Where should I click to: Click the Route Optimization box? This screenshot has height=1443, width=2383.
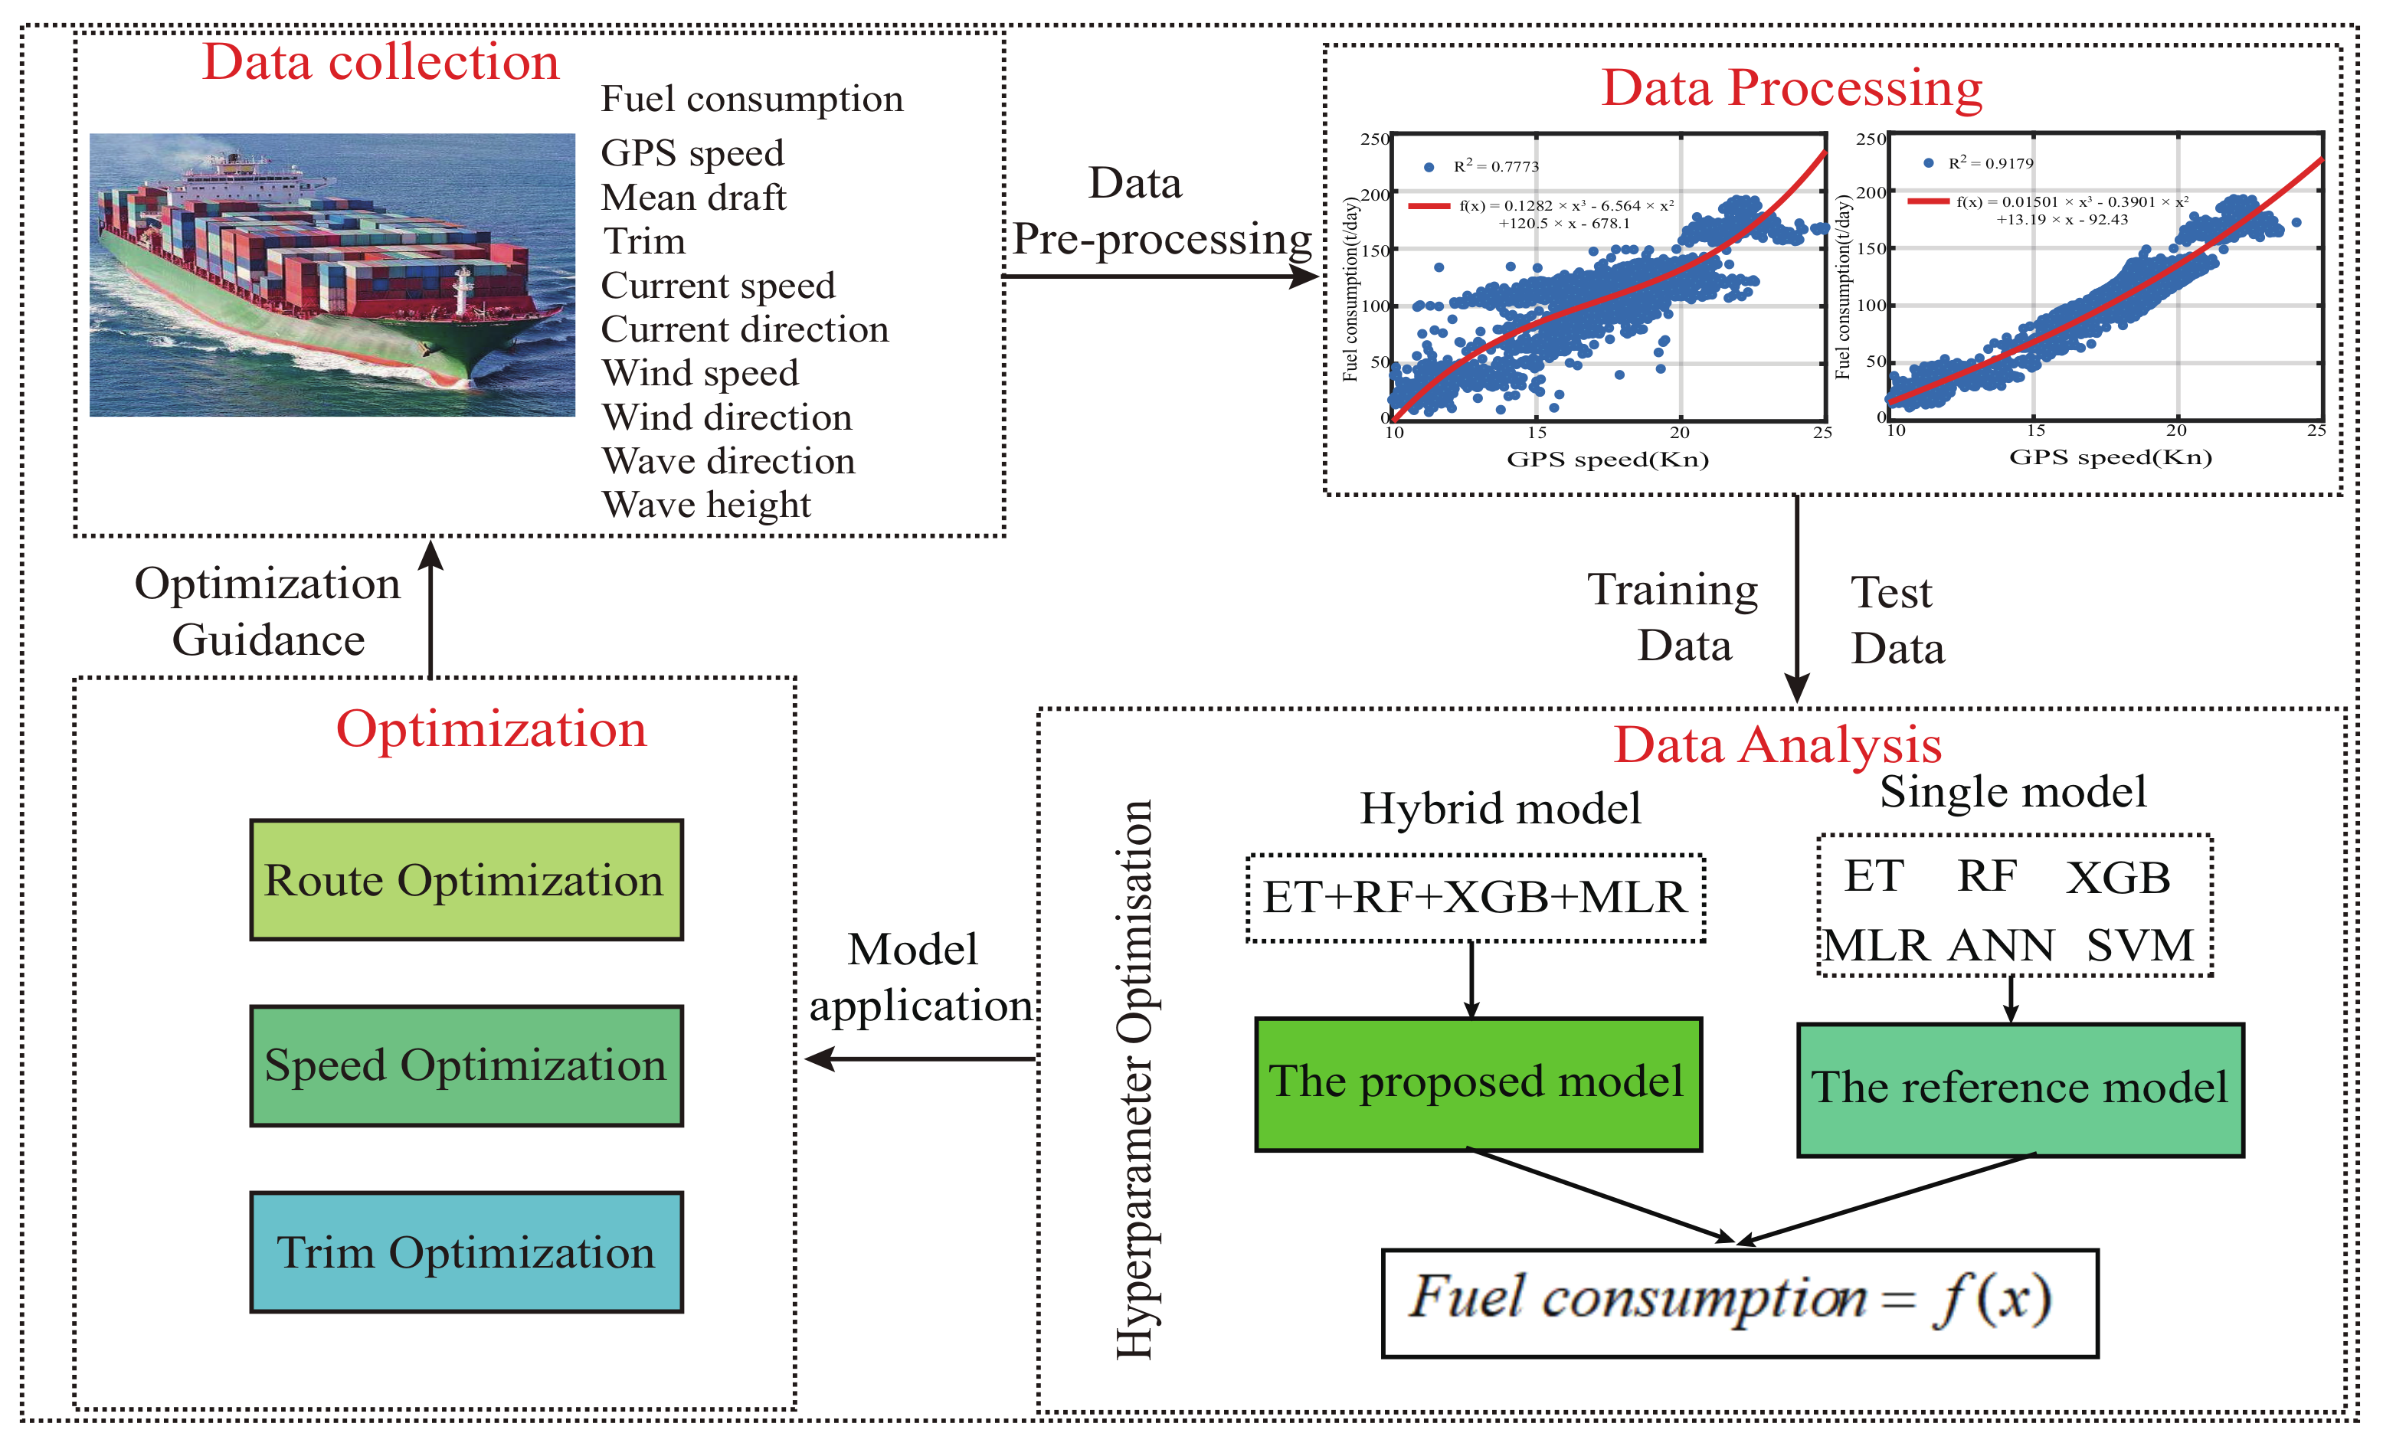pyautogui.click(x=466, y=880)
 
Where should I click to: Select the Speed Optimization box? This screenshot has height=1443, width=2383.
pyautogui.click(x=466, y=1066)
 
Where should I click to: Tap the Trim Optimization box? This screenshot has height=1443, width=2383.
pyautogui.click(x=466, y=1252)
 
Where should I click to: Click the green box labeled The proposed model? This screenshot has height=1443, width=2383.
pyautogui.click(x=1478, y=1083)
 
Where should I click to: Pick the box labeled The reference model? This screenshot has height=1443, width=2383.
pyautogui.click(x=2019, y=1089)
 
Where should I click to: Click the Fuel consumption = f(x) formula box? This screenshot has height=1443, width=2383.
pyautogui.click(x=1739, y=1303)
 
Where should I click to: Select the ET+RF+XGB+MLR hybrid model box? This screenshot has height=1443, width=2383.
pyautogui.click(x=1475, y=898)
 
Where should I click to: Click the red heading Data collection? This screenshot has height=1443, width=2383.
pyautogui.click(x=381, y=63)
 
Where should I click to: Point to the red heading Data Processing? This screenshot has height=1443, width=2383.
pyautogui.click(x=1791, y=88)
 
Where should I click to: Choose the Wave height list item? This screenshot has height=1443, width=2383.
pyautogui.click(x=706, y=505)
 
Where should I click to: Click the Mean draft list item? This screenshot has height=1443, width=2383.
pyautogui.click(x=693, y=198)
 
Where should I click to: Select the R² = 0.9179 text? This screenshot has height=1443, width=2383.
pyautogui.click(x=1990, y=163)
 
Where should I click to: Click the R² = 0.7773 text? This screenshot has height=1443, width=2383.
pyautogui.click(x=1495, y=166)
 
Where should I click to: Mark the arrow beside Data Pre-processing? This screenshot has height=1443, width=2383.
pyautogui.click(x=1160, y=276)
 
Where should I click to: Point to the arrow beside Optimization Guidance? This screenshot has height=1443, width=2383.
pyautogui.click(x=431, y=610)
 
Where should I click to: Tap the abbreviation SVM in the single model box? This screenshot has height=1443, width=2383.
pyautogui.click(x=2139, y=946)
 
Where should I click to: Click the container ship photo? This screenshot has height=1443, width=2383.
pyautogui.click(x=332, y=276)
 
